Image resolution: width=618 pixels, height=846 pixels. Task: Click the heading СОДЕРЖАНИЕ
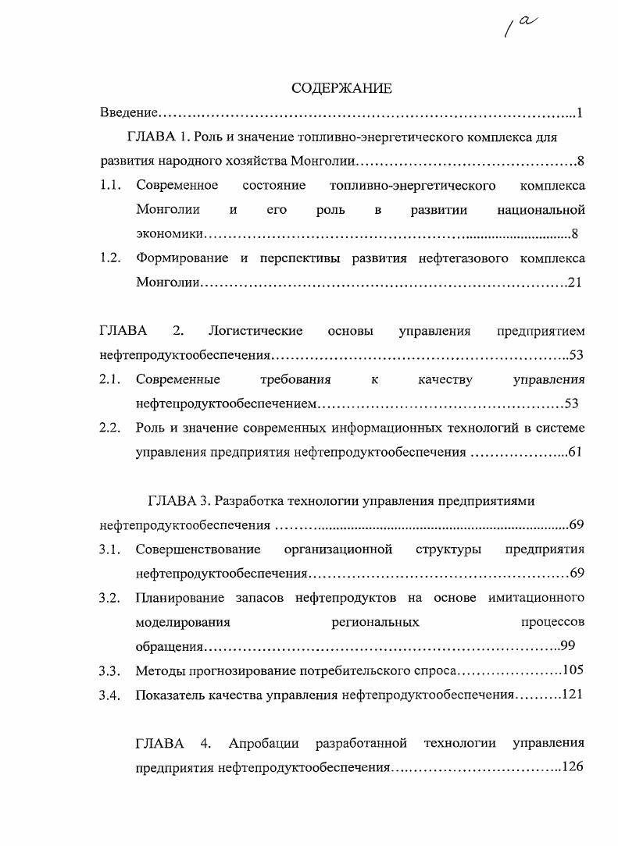(341, 88)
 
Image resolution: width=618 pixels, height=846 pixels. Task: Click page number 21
(575, 283)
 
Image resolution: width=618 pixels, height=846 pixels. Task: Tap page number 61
(575, 452)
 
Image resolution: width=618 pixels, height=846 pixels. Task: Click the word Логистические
(255, 331)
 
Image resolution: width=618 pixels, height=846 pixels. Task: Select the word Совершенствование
(198, 549)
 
